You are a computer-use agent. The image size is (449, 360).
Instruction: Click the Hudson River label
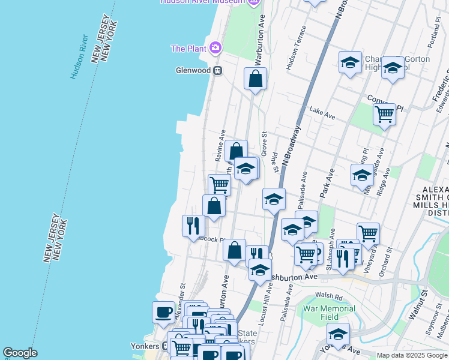79,56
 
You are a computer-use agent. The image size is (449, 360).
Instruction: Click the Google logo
20,353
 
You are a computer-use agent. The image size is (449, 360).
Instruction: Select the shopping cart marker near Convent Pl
384,113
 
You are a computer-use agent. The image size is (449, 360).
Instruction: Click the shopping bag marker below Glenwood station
255,78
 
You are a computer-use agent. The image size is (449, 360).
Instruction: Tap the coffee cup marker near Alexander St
164,311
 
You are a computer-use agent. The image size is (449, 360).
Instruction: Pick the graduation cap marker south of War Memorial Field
338,334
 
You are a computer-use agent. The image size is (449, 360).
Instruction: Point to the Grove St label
264,142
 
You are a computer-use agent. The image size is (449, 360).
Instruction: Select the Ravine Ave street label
220,146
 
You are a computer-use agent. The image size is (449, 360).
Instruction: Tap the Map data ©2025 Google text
412,355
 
